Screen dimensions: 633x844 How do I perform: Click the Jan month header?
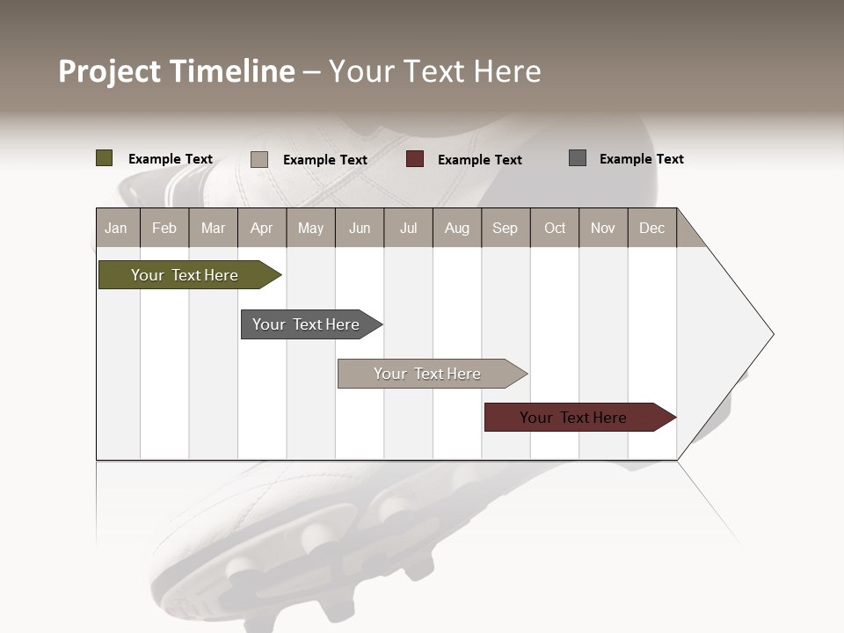pyautogui.click(x=116, y=228)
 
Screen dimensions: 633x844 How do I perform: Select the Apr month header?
pyautogui.click(x=261, y=228)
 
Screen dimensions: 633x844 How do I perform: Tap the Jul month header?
pyautogui.click(x=408, y=228)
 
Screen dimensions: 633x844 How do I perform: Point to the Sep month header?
pyautogui.click(x=505, y=228)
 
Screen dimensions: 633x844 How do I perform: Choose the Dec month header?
pyautogui.click(x=651, y=228)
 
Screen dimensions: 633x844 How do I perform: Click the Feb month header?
pyautogui.click(x=164, y=228)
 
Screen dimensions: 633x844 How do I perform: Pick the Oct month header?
pyautogui.click(x=555, y=228)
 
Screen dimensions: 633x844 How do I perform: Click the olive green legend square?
pyautogui.click(x=105, y=158)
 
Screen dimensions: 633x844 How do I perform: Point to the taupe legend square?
pyautogui.click(x=259, y=159)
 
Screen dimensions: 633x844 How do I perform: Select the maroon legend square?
pyautogui.click(x=415, y=159)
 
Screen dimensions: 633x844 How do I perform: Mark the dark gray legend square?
pyautogui.click(x=578, y=158)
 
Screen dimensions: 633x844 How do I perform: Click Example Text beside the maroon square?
pyautogui.click(x=479, y=160)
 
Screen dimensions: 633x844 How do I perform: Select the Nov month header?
pyautogui.click(x=603, y=228)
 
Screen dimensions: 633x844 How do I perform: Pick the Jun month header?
pyautogui.click(x=360, y=228)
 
